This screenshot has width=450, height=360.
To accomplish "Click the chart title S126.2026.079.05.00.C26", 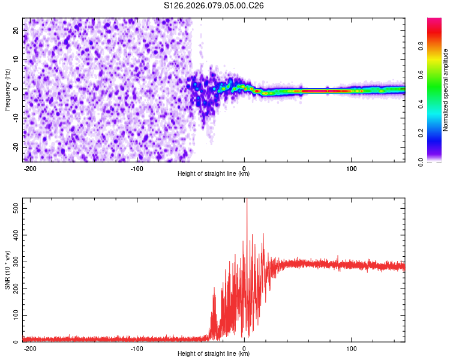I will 214,5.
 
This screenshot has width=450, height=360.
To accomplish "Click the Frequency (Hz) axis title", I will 7,90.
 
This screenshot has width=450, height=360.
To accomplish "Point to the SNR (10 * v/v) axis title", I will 7,271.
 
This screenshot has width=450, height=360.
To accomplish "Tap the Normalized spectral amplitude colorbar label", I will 446,90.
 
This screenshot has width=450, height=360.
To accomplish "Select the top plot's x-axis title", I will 214,174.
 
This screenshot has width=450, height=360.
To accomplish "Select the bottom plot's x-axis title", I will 214,354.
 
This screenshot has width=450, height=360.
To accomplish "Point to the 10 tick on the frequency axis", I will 16,59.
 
